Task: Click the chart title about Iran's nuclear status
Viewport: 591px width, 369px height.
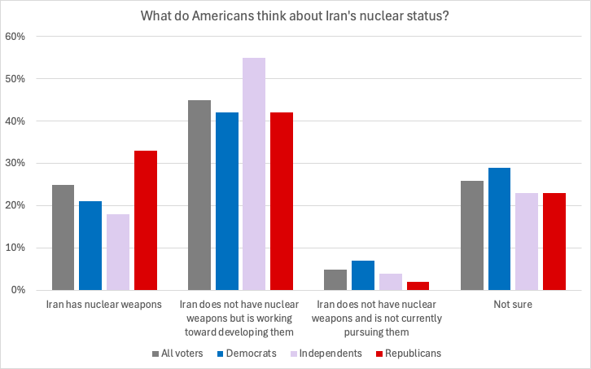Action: (x=295, y=15)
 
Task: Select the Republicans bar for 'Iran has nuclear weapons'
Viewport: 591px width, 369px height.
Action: (x=146, y=220)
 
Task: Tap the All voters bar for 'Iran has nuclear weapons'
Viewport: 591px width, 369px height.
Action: (x=63, y=237)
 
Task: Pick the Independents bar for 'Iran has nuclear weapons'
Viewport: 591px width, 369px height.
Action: (x=118, y=252)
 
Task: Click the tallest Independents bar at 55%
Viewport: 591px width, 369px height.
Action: (x=254, y=174)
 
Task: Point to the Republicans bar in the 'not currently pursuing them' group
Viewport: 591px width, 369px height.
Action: (x=418, y=286)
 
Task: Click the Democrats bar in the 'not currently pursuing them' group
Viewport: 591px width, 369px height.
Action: (x=363, y=275)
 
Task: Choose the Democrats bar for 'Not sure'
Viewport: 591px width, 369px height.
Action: (x=499, y=229)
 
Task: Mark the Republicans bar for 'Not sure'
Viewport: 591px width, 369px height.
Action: (x=554, y=241)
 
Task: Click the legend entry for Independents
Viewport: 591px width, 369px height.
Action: (x=329, y=354)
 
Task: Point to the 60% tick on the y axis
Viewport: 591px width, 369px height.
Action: (x=15, y=37)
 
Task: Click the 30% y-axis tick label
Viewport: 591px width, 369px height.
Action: (x=15, y=164)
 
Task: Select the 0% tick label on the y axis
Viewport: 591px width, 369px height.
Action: (x=19, y=290)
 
